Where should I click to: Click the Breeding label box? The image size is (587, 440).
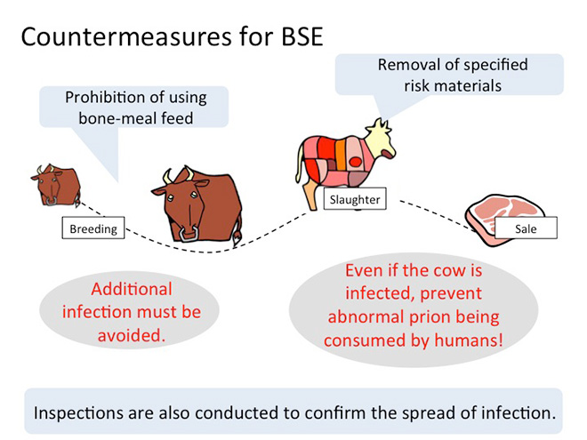[x=93, y=228]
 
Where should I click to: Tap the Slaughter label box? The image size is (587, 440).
[x=355, y=199]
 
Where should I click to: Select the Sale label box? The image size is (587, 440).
[x=526, y=228]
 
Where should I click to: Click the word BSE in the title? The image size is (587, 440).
[x=302, y=36]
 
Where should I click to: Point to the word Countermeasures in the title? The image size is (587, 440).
[x=126, y=36]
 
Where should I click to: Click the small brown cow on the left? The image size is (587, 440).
[x=56, y=185]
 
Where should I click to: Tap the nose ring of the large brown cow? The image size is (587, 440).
[x=189, y=235]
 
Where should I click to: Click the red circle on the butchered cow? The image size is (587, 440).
[x=355, y=162]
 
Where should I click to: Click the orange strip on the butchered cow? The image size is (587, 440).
[x=340, y=155]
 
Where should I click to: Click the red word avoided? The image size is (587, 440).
[x=132, y=335]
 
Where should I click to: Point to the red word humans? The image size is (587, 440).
[x=469, y=340]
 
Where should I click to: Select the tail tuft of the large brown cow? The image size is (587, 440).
[x=237, y=239]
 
